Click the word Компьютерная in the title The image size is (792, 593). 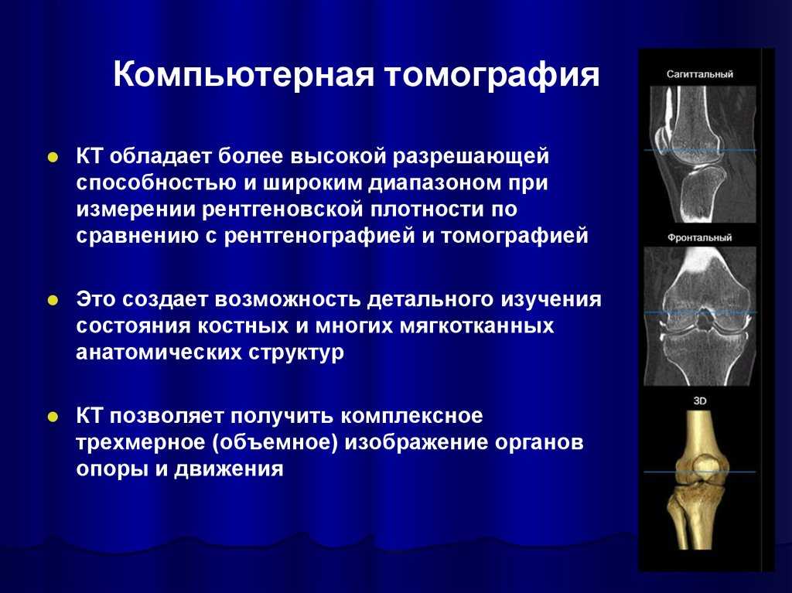pos(244,74)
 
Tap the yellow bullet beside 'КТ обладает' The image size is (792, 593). pos(53,157)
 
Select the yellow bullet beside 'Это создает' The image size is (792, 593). pos(53,300)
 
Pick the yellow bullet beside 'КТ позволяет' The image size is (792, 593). pos(53,417)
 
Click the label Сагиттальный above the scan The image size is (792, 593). pos(699,74)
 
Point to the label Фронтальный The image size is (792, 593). pos(699,237)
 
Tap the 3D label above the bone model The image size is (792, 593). pos(699,401)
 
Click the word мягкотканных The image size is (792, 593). pos(477,325)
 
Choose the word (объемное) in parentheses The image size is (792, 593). pos(275,443)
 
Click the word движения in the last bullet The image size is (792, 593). pos(229,469)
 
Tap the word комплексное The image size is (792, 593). pos(411,417)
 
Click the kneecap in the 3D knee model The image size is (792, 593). pos(705,465)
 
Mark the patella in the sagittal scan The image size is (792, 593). pos(662,142)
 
